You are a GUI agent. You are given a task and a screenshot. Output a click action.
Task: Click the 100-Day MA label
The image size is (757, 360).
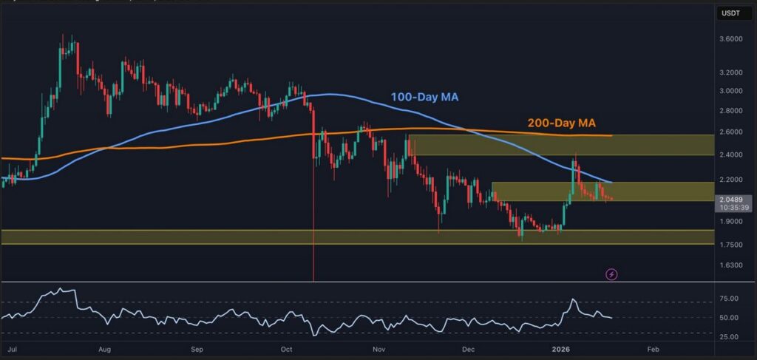(x=427, y=96)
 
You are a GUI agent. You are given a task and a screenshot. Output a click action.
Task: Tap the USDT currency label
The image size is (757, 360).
(x=732, y=12)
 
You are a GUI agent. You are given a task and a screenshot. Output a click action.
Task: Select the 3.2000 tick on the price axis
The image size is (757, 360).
(x=731, y=72)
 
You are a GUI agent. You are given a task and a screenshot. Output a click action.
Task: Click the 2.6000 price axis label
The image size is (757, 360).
(x=731, y=132)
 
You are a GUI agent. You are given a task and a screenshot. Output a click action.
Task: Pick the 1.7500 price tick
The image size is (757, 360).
(x=731, y=245)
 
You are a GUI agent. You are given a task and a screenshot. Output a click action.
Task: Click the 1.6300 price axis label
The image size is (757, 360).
(x=731, y=265)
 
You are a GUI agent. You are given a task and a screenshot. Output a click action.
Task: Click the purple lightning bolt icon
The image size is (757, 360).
(x=611, y=274)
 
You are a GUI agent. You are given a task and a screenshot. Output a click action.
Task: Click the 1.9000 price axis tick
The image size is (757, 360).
(x=731, y=221)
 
